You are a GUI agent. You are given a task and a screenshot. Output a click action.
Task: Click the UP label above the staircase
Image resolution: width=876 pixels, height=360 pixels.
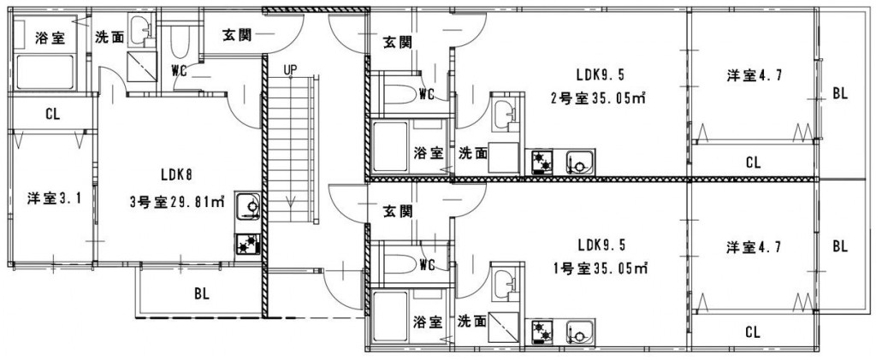(290, 68)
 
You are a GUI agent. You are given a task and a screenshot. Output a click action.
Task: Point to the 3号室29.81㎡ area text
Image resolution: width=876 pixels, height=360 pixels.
(177, 202)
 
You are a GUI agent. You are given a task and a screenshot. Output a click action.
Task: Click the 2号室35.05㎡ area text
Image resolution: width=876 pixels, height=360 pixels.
(597, 97)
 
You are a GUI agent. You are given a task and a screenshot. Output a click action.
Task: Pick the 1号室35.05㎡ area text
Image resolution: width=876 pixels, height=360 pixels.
(597, 267)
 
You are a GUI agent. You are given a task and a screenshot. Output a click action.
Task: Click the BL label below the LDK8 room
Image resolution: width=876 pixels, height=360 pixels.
(201, 293)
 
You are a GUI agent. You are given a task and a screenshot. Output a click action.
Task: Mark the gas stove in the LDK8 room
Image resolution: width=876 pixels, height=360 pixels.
(246, 242)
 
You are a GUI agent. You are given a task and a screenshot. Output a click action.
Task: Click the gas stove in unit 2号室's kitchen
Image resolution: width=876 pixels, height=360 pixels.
(542, 161)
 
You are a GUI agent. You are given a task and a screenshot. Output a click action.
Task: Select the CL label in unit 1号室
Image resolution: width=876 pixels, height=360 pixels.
(753, 332)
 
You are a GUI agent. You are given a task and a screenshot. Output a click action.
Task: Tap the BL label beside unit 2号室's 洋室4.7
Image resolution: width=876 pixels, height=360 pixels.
(840, 94)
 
